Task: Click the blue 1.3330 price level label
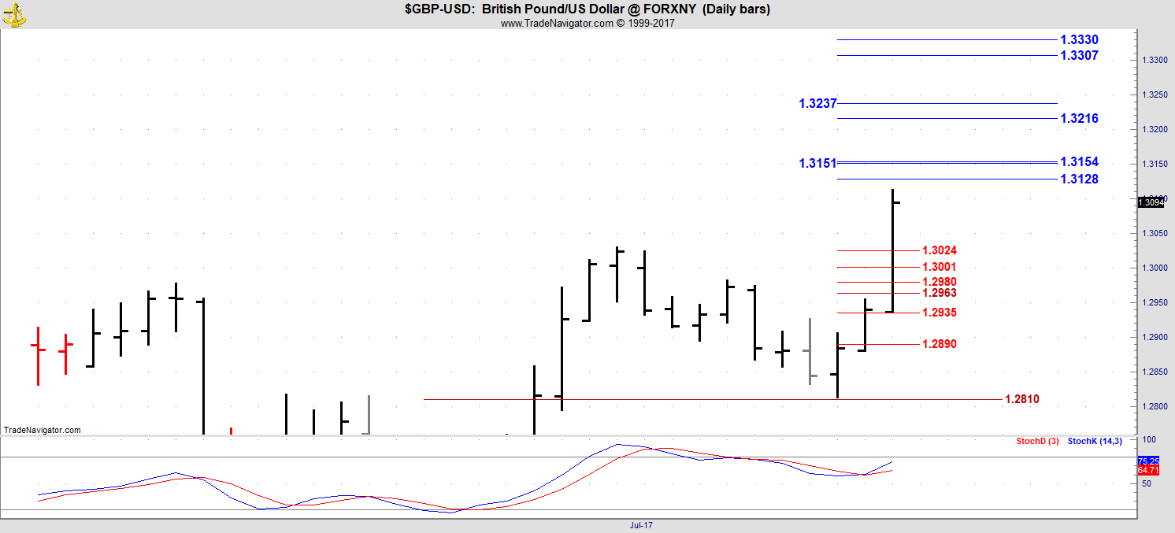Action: (x=1079, y=39)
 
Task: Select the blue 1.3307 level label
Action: (x=1079, y=56)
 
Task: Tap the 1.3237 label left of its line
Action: (x=817, y=103)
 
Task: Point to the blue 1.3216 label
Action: (x=1079, y=119)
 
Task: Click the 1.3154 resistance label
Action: (x=1079, y=162)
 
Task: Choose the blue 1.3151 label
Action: (x=817, y=164)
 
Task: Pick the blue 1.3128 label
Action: (x=1079, y=180)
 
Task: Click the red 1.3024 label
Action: (x=940, y=251)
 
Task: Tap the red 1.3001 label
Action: (x=940, y=268)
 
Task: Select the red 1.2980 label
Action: (x=940, y=282)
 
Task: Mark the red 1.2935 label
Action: (x=940, y=313)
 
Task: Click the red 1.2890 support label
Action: (x=940, y=344)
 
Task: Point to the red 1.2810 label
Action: (x=1022, y=400)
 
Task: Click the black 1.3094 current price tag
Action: (x=1150, y=203)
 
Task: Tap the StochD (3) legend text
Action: (x=1037, y=441)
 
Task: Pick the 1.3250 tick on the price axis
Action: (x=1149, y=95)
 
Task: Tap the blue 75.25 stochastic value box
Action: (x=1148, y=461)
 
